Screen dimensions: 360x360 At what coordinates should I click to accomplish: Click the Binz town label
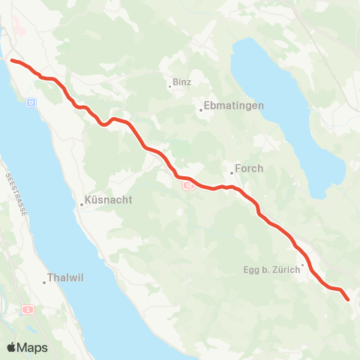point(182,81)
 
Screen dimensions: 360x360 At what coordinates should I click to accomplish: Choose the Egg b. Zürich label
point(270,268)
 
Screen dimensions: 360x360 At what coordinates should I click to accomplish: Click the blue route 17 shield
point(31,101)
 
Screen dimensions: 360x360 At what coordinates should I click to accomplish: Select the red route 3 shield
point(28,309)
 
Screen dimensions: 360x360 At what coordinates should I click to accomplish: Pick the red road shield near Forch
point(188,184)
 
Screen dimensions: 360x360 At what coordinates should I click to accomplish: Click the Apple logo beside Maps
point(12,347)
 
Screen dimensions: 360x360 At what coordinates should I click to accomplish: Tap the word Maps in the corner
point(33,348)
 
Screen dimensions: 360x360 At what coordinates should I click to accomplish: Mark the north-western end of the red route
point(11,59)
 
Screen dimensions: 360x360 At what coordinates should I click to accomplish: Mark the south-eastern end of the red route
point(348,300)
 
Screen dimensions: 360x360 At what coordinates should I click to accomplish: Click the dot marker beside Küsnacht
point(82,204)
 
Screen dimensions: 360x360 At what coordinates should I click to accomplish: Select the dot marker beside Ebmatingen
point(201,111)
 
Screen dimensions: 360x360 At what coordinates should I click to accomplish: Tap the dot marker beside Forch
point(232,174)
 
